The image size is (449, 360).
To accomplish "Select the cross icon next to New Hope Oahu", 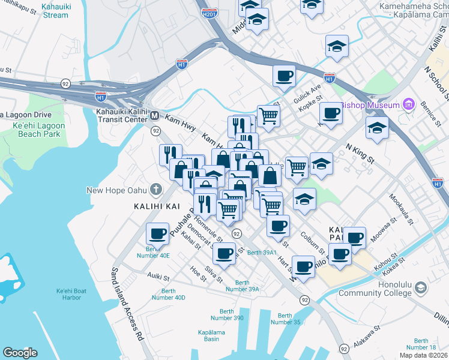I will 156,190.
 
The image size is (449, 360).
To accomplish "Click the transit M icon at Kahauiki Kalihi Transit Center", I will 154,115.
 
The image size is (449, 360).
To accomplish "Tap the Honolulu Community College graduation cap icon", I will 421,289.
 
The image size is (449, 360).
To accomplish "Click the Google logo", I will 20,352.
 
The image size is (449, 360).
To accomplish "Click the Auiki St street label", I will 158,275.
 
